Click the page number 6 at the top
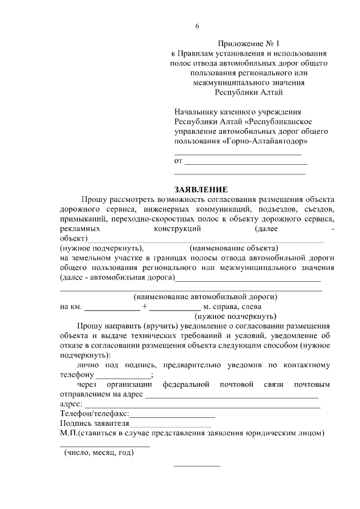click(197, 26)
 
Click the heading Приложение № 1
click(247, 43)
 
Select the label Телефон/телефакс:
click(94, 414)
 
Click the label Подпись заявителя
click(94, 424)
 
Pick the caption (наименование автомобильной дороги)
click(205, 296)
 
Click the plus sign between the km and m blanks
click(145, 307)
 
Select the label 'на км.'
click(70, 307)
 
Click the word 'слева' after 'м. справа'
click(250, 307)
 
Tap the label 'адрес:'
click(71, 404)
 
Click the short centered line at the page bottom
click(197, 466)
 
